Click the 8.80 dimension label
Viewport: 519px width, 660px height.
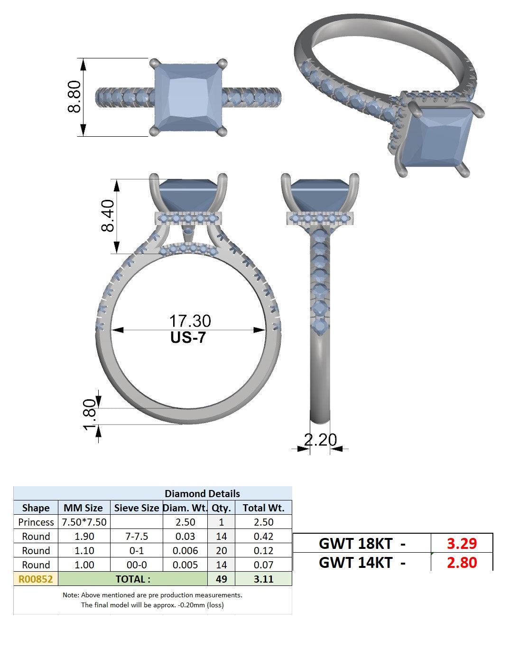pyautogui.click(x=74, y=96)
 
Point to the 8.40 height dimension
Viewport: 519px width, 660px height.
pyautogui.click(x=108, y=216)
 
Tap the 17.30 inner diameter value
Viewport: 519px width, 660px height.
pyautogui.click(x=190, y=321)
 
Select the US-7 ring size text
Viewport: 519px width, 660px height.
pyautogui.click(x=188, y=338)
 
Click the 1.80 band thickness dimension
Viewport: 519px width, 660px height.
pyautogui.click(x=90, y=415)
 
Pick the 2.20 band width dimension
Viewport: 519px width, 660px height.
pyautogui.click(x=321, y=440)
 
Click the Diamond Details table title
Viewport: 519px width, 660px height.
pyautogui.click(x=202, y=493)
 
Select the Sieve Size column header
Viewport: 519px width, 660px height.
pyautogui.click(x=137, y=508)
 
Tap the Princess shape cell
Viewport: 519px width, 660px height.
pyautogui.click(x=36, y=522)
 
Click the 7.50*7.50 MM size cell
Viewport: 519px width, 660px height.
pyautogui.click(x=84, y=522)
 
